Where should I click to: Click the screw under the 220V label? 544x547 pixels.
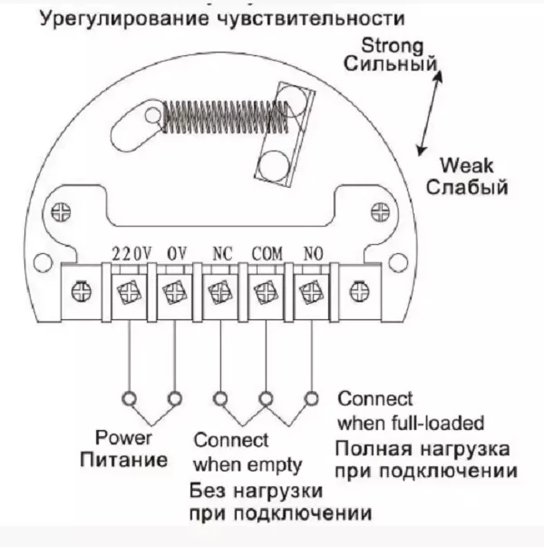[128, 292]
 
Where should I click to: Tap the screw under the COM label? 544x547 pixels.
[266, 292]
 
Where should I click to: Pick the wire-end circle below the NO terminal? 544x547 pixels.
[312, 397]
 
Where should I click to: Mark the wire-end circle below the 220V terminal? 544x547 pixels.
[129, 397]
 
